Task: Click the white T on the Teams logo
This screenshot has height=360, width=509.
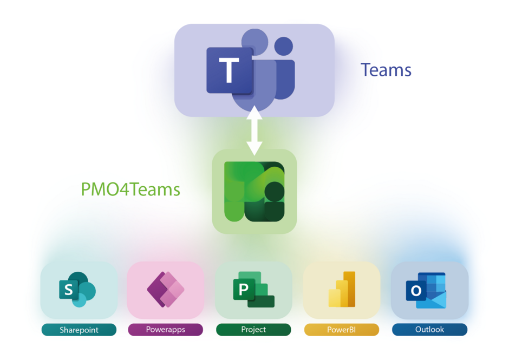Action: tap(229, 70)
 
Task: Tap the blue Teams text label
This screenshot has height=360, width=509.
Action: tap(386, 70)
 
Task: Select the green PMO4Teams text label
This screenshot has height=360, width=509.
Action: tap(130, 189)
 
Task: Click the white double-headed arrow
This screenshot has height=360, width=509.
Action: tap(254, 132)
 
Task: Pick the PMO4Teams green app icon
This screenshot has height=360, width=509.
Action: tap(255, 192)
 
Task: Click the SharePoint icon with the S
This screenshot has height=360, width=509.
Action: tap(77, 290)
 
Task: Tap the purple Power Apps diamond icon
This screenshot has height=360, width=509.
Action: tap(165, 290)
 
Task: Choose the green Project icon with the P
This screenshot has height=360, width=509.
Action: tap(253, 290)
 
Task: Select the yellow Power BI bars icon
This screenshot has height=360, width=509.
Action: tap(342, 290)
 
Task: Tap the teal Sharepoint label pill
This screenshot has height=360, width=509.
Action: tap(79, 330)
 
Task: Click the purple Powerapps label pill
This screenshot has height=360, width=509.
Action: tap(165, 330)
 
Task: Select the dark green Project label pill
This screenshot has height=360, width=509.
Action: tap(253, 330)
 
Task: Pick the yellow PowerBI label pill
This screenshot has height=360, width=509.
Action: tap(342, 330)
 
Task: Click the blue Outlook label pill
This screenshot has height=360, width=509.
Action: tap(429, 330)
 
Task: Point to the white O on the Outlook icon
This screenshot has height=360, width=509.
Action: tap(416, 291)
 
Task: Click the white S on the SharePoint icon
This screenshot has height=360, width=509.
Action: tap(68, 290)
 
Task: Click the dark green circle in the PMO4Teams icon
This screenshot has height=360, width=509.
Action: tap(275, 191)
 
